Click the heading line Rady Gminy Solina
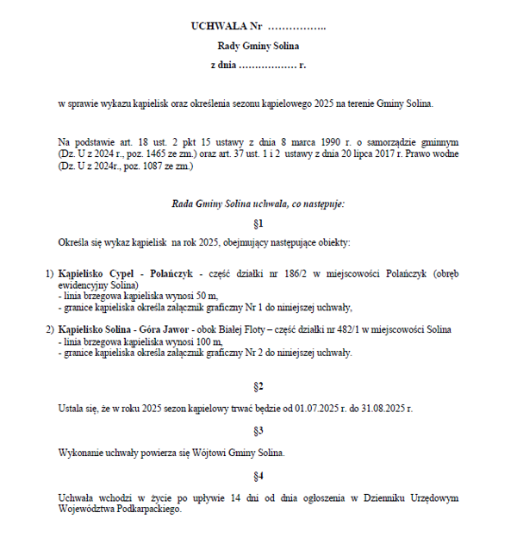(258, 46)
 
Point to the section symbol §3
(258, 429)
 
